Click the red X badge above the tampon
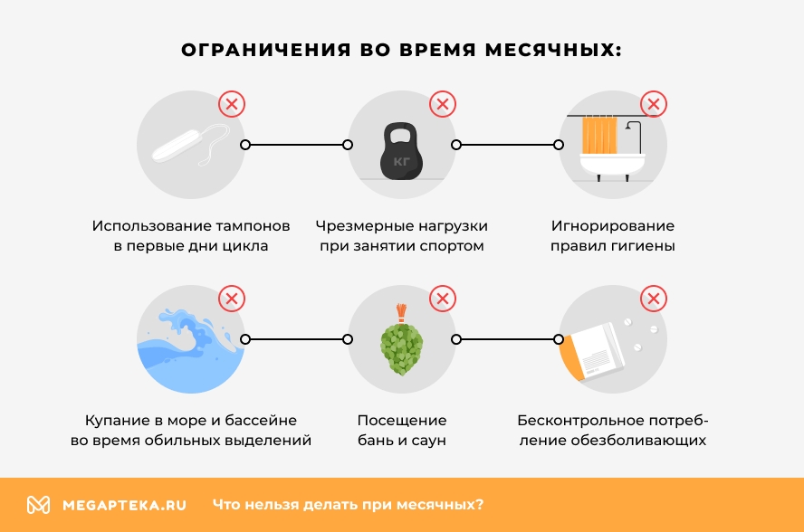pos(232,104)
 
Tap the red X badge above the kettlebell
pos(442,104)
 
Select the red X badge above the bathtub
pos(653,104)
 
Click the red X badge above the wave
pos(232,299)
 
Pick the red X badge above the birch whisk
pos(442,299)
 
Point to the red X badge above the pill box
pos(653,299)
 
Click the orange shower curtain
pos(598,136)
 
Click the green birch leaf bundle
pos(401,348)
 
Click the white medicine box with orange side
pos(593,355)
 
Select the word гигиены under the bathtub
pos(644,245)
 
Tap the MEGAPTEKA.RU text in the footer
pos(124,505)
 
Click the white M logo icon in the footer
pos(38,505)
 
